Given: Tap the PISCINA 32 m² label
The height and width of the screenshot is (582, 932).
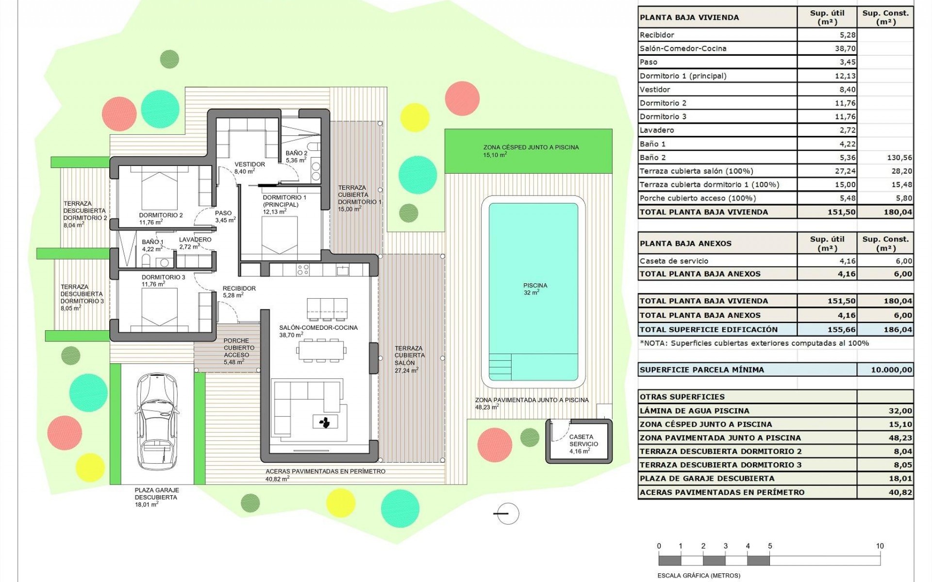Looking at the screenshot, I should tap(535, 289).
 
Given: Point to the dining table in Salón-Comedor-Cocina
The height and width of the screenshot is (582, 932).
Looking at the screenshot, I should tap(321, 350).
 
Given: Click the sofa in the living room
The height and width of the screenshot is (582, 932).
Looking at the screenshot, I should tap(301, 403).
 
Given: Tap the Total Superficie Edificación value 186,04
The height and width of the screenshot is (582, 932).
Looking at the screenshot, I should tap(898, 330).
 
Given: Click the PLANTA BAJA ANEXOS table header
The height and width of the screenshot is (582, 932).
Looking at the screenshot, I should tap(685, 243).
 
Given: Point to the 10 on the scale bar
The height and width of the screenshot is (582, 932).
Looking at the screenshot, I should tap(880, 546).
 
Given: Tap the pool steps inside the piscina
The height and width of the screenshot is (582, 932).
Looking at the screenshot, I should tap(500, 367).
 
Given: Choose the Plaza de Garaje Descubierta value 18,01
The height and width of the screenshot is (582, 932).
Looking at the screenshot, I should tap(900, 479).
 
